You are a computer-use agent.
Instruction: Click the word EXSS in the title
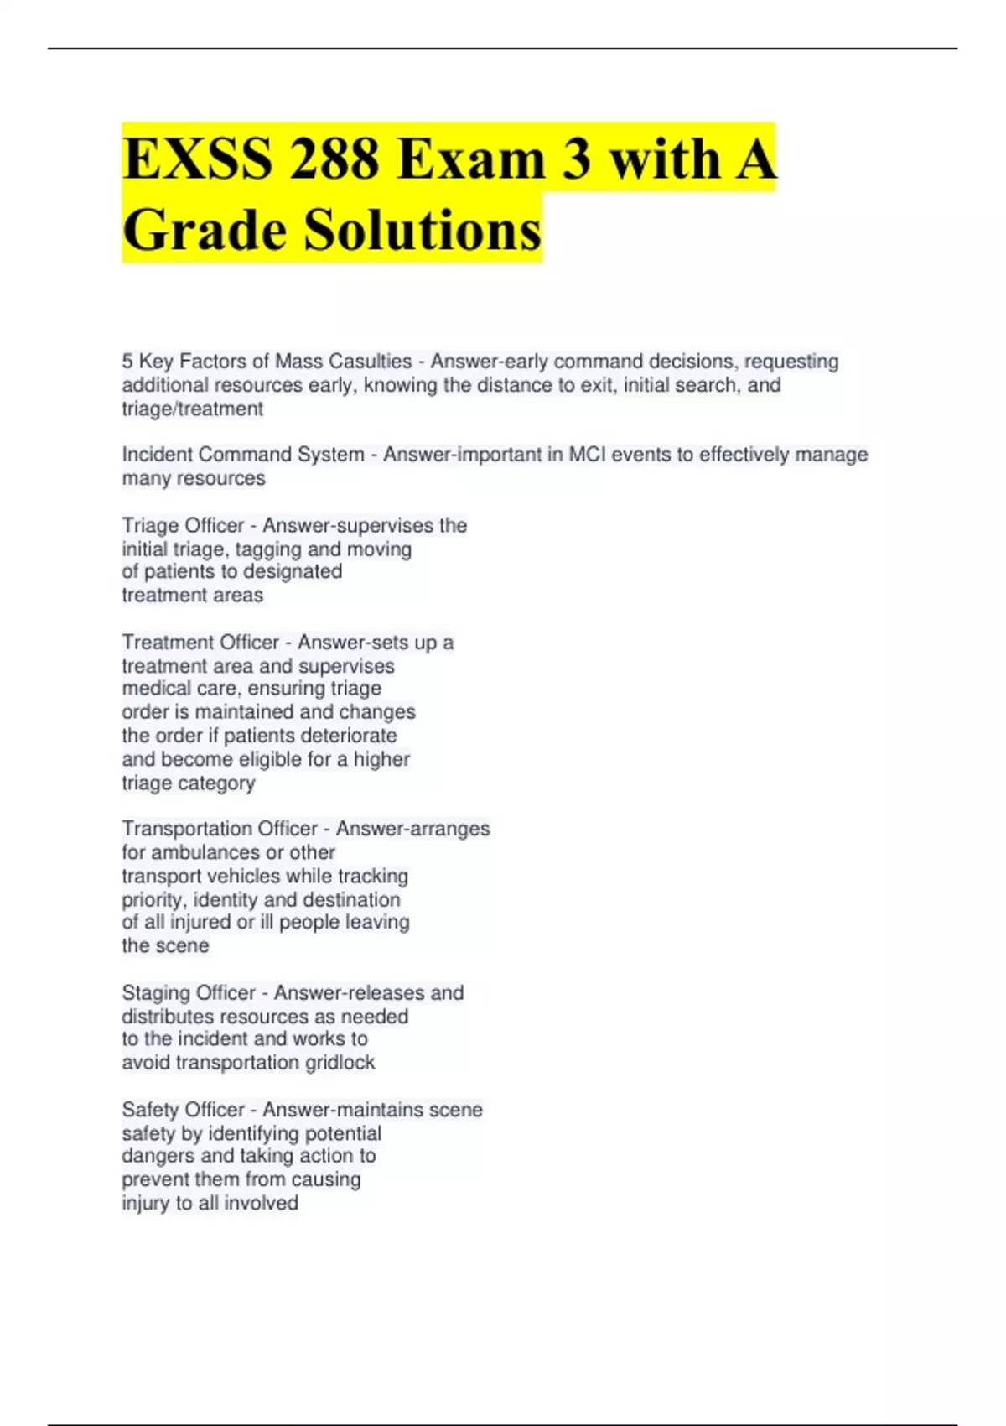click(x=197, y=159)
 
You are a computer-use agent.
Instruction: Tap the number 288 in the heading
click(x=334, y=159)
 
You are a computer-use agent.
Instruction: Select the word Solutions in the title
click(x=423, y=230)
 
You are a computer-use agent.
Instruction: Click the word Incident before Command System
click(x=158, y=455)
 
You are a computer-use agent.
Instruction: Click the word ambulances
click(x=227, y=852)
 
